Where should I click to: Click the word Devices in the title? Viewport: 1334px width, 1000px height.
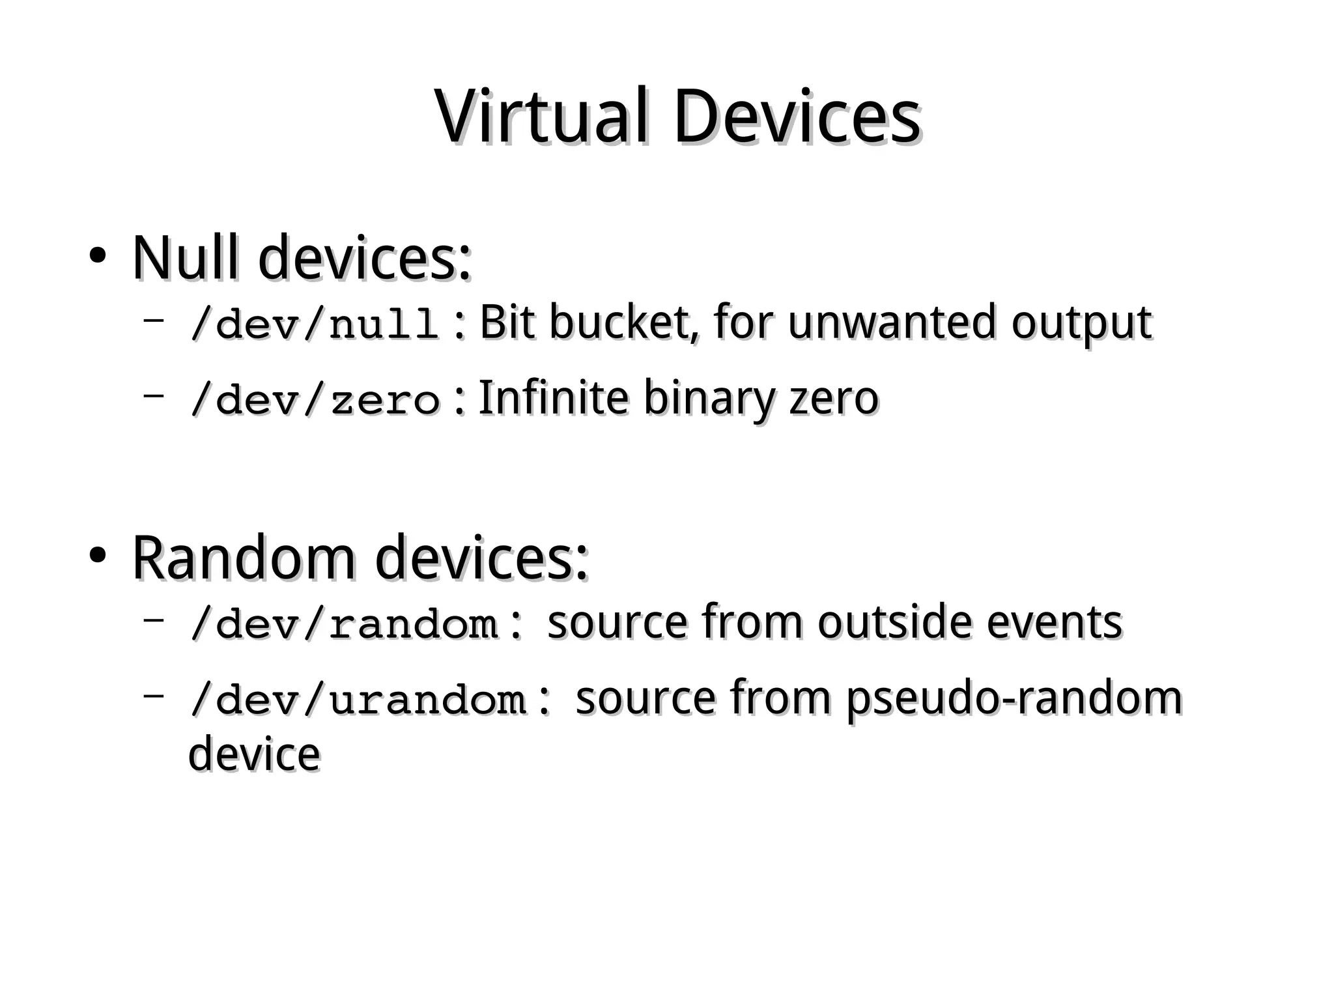(x=797, y=117)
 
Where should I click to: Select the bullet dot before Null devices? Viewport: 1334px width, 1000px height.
(x=97, y=255)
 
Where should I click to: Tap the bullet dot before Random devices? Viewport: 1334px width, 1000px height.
(x=97, y=556)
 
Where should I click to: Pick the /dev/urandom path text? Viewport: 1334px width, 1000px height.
(x=358, y=699)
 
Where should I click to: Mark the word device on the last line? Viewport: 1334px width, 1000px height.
(x=254, y=754)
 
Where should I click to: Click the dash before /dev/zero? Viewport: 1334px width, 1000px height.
(x=153, y=394)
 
